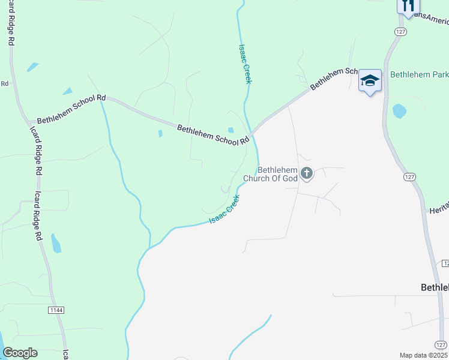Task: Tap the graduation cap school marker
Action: coord(370,80)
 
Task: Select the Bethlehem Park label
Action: coord(419,75)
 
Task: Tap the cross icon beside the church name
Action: coord(306,174)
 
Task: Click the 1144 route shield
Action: coord(56,310)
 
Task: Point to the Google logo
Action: coord(20,353)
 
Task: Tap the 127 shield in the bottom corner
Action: coord(441,344)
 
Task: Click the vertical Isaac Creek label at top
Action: coord(244,64)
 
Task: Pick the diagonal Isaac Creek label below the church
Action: coord(224,210)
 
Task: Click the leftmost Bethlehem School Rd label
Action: coord(71,109)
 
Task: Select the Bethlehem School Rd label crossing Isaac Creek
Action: coord(212,134)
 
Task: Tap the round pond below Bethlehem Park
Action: coord(399,111)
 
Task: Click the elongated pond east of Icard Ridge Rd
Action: coord(56,243)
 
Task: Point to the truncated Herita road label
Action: coord(438,210)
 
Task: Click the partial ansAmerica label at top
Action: coord(430,18)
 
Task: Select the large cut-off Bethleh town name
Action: coord(434,287)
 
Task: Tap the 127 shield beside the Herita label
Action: coord(409,178)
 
